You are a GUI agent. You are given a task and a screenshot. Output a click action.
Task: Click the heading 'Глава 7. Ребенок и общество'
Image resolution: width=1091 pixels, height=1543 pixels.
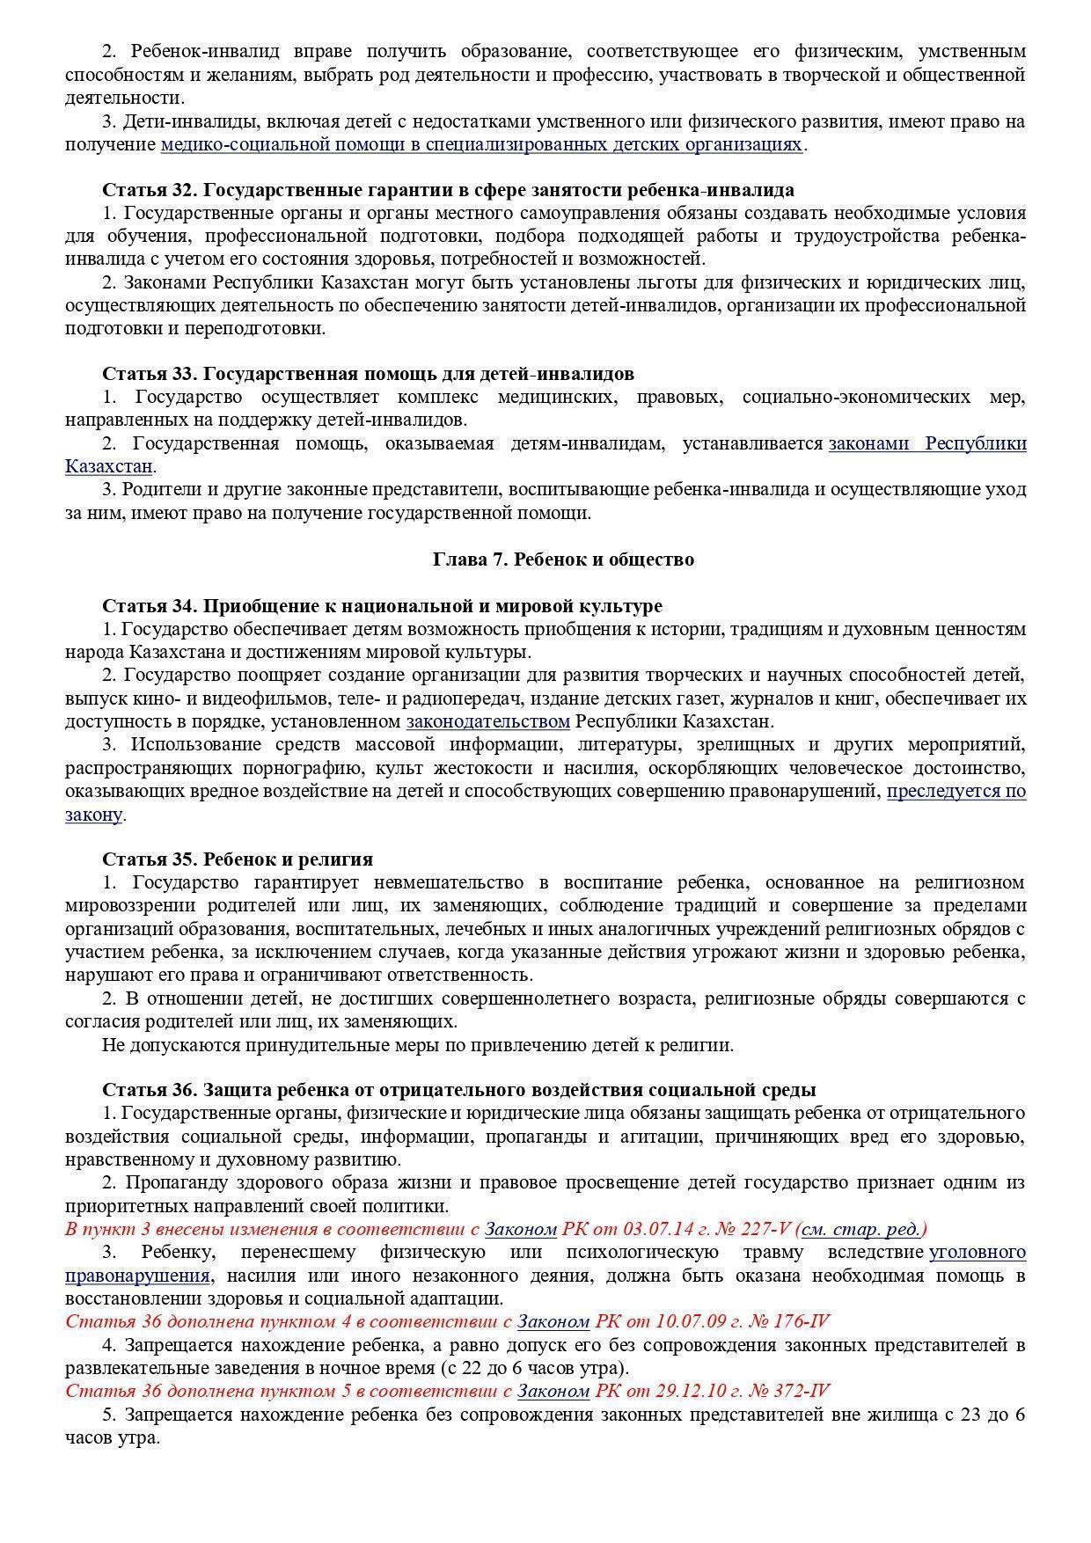[563, 559]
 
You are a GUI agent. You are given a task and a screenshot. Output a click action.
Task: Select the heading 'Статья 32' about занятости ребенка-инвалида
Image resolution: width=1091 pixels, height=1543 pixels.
[448, 190]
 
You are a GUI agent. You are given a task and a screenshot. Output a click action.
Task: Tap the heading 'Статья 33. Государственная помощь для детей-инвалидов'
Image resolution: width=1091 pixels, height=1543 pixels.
[368, 374]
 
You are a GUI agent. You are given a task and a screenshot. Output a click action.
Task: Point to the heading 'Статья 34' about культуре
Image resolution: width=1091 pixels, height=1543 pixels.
[382, 606]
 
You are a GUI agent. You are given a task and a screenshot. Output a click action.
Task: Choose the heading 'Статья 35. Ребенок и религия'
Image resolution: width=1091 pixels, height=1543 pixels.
[238, 859]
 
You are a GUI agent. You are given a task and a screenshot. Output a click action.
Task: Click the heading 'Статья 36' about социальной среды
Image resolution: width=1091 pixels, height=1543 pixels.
[458, 1090]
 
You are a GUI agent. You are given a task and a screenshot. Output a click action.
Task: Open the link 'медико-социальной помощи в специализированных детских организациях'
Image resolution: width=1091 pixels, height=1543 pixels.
[480, 144]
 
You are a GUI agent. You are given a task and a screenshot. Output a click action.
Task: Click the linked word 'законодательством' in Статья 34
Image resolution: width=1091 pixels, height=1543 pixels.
[487, 722]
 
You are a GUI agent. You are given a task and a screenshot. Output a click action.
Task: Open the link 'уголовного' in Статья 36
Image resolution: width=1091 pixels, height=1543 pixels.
[977, 1252]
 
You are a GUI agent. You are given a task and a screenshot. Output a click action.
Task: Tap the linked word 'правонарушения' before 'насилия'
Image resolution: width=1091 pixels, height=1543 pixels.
[137, 1276]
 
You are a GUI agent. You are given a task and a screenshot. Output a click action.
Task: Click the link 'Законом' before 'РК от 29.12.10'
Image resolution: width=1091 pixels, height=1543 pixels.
[553, 1391]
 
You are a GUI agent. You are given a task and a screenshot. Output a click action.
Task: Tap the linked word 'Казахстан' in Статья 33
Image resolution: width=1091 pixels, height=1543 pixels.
[109, 466]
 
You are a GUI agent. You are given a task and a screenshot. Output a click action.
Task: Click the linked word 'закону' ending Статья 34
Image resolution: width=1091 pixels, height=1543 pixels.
[93, 815]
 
